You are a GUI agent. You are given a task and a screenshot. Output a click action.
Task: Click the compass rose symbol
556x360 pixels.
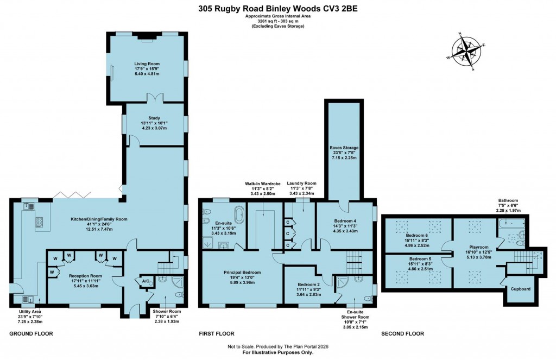[466, 52]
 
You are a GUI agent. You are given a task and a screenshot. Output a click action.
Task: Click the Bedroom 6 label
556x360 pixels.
[416, 235]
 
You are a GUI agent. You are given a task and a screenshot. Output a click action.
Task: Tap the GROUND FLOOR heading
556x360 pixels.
[31, 333]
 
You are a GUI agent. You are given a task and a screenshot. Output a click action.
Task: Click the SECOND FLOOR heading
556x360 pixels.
[402, 333]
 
